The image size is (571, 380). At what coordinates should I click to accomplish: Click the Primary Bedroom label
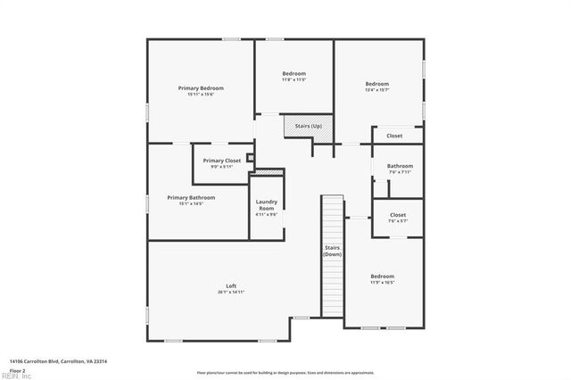point(201,88)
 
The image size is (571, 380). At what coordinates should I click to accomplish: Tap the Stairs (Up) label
point(309,126)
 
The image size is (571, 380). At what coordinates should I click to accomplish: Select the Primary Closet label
point(221,161)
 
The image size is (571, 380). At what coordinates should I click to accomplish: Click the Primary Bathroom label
point(191,197)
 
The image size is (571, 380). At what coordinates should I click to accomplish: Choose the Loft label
point(231,285)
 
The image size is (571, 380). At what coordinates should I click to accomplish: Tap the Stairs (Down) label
point(333,250)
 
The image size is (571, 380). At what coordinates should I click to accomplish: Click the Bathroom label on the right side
point(400,167)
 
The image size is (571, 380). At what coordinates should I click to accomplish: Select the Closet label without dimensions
point(394,136)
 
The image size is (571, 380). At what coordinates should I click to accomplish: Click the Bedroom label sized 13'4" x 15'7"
point(377,84)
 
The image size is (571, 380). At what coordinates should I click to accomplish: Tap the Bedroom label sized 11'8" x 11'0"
point(294,73)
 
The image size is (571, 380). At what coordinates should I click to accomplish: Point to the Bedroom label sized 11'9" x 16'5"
point(382,277)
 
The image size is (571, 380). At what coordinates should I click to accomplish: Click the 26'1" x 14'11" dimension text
point(231,293)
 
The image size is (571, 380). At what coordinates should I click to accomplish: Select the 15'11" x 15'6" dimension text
point(201,95)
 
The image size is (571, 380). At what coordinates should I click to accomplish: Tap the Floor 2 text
point(18,369)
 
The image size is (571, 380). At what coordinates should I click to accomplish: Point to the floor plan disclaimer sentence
point(286,372)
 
